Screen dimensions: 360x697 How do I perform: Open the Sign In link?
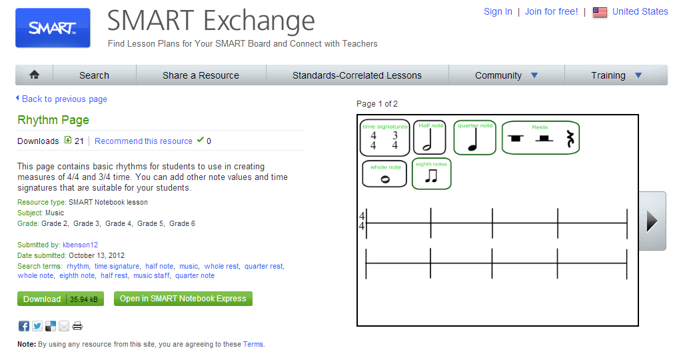498,11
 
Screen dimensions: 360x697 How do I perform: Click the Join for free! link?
551,11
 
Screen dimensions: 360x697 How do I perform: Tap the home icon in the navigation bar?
34,75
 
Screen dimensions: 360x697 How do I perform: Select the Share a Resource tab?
201,75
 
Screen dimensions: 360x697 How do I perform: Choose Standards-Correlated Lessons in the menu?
356,75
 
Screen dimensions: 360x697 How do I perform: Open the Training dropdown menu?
616,75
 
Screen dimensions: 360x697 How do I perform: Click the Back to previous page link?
64,99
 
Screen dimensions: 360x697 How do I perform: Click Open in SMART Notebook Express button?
183,299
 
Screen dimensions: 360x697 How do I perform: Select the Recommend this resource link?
143,141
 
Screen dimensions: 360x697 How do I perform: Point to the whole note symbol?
384,179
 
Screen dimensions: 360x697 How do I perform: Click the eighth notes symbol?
431,176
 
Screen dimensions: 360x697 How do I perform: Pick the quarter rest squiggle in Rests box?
570,139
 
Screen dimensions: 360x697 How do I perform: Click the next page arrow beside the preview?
652,221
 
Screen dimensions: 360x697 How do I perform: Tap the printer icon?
77,326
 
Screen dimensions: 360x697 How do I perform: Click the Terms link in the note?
253,345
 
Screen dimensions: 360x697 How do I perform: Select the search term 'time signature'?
117,266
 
